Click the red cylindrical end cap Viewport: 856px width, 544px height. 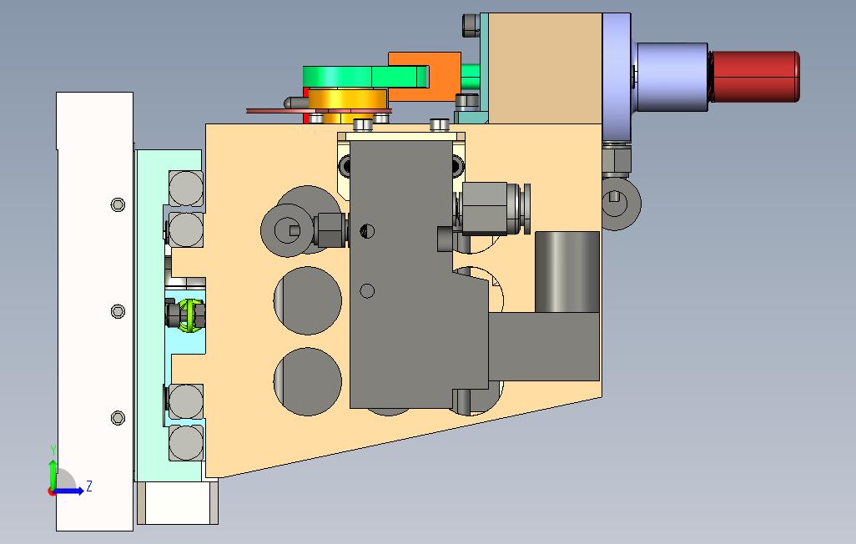tap(755, 77)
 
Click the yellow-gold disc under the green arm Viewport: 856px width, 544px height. tap(348, 100)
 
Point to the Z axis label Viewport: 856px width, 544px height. tap(89, 486)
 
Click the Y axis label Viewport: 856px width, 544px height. tap(53, 450)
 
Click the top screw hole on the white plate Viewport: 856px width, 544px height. tap(118, 204)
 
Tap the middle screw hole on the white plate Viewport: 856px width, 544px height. tap(118, 311)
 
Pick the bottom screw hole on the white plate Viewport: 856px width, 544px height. tap(118, 418)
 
